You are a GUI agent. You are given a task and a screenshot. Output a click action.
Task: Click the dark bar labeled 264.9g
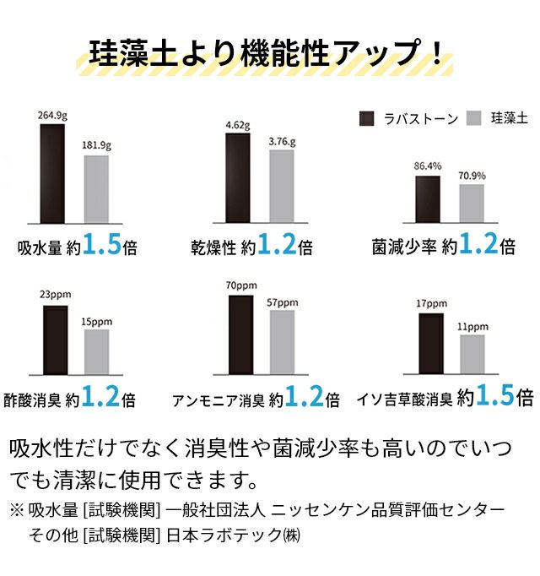(51, 177)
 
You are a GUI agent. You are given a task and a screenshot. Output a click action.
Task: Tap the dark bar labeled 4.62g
(237, 182)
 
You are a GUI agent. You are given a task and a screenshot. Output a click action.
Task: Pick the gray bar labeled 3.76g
(281, 190)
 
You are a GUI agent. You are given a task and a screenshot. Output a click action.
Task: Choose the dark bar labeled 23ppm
(56, 339)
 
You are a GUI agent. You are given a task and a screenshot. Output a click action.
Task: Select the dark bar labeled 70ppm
(240, 334)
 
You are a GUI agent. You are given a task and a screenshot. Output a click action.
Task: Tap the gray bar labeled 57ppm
(282, 341)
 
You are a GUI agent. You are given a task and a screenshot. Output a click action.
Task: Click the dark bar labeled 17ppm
(430, 342)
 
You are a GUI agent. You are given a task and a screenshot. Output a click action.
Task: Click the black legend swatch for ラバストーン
(367, 118)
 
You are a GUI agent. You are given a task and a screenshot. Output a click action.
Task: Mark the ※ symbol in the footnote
(17, 511)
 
